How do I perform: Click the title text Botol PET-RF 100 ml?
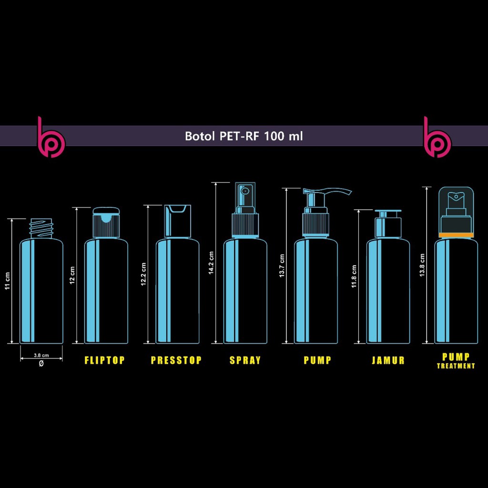click(244, 136)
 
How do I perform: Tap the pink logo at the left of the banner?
click(51, 137)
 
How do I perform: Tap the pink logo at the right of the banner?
click(437, 137)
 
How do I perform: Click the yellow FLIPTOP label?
click(104, 360)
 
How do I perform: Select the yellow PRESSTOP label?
click(176, 360)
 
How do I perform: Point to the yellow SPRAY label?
click(245, 360)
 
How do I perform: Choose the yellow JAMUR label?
click(388, 360)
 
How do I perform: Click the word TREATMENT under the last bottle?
click(456, 366)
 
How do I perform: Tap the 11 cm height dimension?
click(8, 281)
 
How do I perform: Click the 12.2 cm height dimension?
click(143, 274)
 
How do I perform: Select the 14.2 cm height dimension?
click(211, 263)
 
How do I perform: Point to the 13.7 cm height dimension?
click(282, 266)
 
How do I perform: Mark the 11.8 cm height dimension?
click(354, 276)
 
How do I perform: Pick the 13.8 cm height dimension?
click(422, 265)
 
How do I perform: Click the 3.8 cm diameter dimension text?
click(41, 355)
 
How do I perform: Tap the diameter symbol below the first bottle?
click(41, 363)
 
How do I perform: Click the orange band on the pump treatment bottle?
click(456, 235)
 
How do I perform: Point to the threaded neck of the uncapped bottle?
click(41, 229)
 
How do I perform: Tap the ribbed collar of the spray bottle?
click(245, 225)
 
